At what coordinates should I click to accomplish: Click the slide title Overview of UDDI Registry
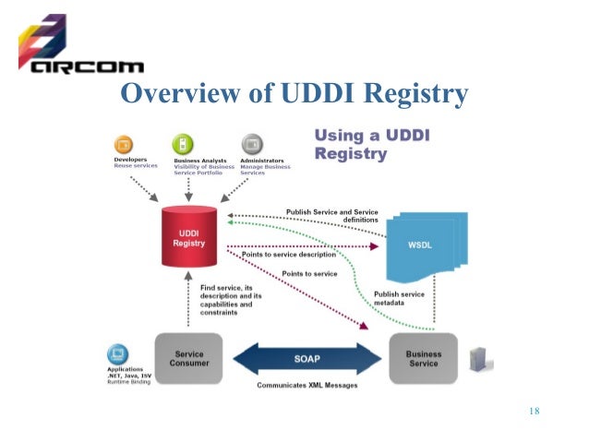click(294, 94)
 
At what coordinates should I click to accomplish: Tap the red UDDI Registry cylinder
click(188, 237)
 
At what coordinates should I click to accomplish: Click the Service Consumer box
click(189, 357)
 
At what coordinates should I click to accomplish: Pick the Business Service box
click(423, 357)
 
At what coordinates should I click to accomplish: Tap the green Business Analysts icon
click(184, 145)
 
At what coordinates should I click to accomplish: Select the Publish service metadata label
click(398, 297)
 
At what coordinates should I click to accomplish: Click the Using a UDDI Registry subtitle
click(373, 145)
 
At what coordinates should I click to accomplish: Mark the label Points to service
click(309, 274)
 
